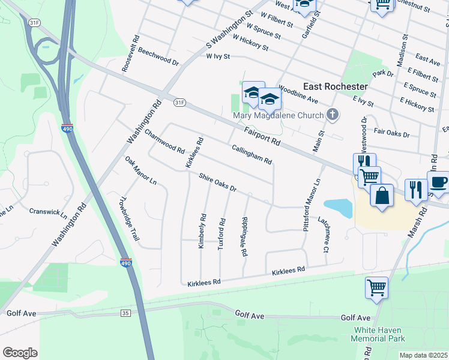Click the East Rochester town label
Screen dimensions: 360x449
[x=335, y=86]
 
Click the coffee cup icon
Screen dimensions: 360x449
[x=438, y=183]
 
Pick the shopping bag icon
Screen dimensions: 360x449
[x=381, y=196]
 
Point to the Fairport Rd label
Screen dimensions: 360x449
[x=262, y=136]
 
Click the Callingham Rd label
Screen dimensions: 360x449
[x=252, y=154]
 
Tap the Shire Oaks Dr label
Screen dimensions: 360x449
[x=218, y=182]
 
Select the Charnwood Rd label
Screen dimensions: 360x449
[x=164, y=142]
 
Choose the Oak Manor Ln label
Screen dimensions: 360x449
[x=140, y=170]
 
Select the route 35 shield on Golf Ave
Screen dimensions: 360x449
[x=125, y=313]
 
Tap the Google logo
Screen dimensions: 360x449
[x=20, y=352]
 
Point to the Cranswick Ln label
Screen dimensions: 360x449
[x=48, y=212]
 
